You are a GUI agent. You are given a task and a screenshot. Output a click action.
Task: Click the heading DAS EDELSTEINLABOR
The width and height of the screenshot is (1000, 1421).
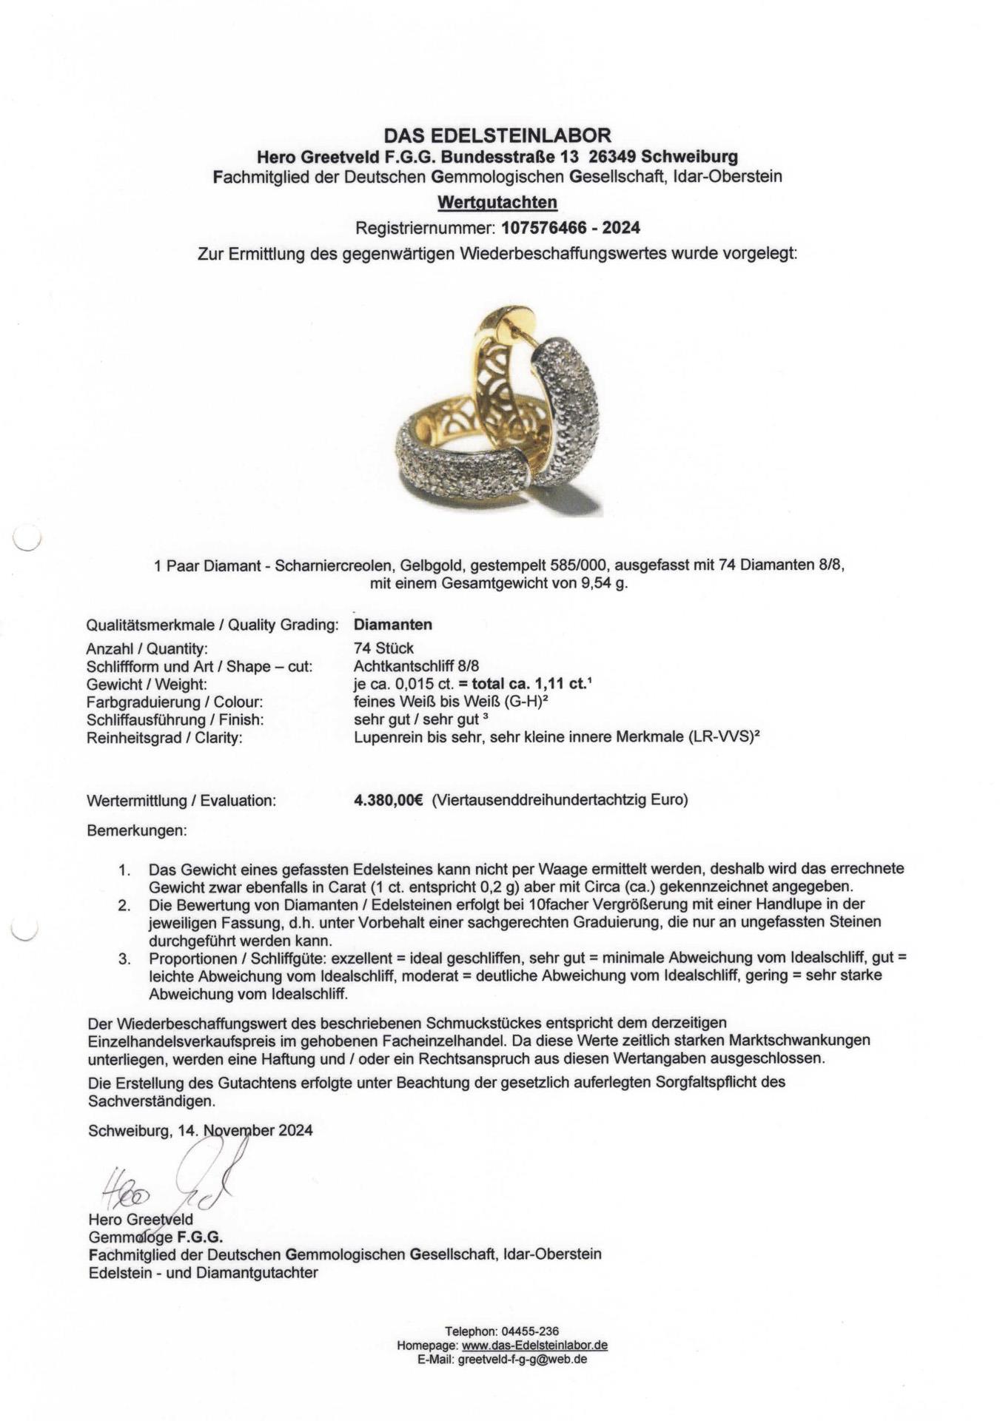coord(497,135)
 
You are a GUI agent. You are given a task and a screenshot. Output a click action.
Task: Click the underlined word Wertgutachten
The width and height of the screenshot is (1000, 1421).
coord(497,202)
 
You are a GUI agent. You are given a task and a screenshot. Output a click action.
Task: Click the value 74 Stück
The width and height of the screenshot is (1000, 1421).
coord(383,648)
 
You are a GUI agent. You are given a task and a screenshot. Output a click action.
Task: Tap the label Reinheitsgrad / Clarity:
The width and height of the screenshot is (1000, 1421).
coord(164,738)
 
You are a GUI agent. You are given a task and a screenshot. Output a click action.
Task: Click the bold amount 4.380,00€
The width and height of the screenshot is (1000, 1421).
coord(389,800)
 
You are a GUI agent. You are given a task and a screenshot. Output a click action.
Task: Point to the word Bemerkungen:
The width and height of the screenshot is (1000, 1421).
coord(137,831)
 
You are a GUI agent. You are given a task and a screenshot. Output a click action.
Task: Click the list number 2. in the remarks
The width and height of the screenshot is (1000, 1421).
coord(124,905)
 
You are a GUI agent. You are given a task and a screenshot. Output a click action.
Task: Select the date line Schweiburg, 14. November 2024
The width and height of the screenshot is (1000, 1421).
coord(200,1130)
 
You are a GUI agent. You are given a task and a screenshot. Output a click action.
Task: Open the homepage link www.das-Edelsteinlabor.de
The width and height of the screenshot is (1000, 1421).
coord(534,1346)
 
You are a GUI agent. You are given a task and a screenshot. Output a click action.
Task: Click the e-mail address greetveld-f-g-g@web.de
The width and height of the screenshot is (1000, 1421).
coord(523,1360)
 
